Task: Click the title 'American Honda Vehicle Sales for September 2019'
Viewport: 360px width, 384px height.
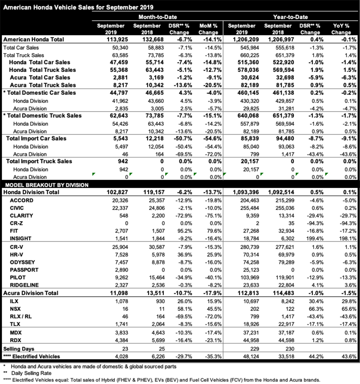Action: click(79, 7)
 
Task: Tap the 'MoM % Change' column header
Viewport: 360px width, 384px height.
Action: click(208, 29)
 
